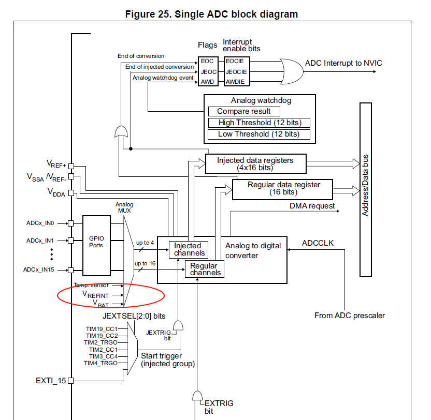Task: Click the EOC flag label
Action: (x=207, y=61)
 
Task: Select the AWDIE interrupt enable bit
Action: (x=235, y=82)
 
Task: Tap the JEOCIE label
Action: (x=236, y=72)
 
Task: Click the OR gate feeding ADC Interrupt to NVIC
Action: (x=292, y=71)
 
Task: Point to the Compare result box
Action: (x=244, y=111)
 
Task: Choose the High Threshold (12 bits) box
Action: (x=259, y=123)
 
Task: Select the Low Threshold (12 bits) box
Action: (x=259, y=134)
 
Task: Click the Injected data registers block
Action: (x=255, y=164)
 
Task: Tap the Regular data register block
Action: (x=282, y=189)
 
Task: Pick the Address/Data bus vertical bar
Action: (x=366, y=190)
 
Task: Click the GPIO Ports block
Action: (x=96, y=246)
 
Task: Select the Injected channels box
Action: (x=189, y=249)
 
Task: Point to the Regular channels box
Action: (x=205, y=269)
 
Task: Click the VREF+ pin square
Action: (x=71, y=166)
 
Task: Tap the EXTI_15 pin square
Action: (x=70, y=381)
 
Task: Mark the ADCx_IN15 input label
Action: (x=39, y=270)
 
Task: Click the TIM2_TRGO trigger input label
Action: (x=100, y=342)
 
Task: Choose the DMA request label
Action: (x=312, y=206)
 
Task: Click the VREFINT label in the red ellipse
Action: (x=96, y=295)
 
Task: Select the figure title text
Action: (x=212, y=14)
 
